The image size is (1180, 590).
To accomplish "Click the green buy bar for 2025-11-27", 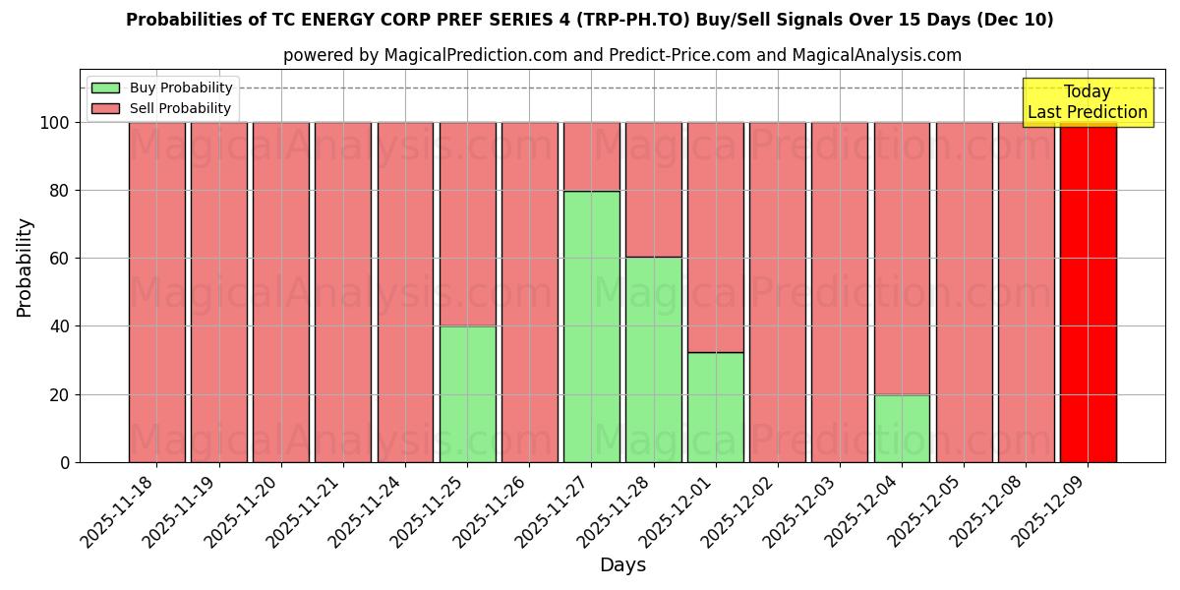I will [591, 326].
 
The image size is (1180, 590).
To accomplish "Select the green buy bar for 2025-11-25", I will [467, 393].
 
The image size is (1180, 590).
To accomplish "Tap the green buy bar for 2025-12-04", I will [902, 428].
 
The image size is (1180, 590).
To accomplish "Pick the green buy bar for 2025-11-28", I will [653, 359].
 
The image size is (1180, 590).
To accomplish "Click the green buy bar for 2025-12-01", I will [715, 406].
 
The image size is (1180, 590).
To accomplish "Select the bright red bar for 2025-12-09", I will [1088, 292].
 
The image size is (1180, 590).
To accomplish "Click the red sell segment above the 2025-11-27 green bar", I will [591, 156].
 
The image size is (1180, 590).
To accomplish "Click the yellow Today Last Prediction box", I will [1087, 102].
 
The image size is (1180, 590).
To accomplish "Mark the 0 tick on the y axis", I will [64, 462].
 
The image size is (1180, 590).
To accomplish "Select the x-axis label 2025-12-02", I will [741, 509].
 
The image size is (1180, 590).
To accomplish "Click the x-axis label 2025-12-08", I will [990, 509].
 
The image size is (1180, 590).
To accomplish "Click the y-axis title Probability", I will [25, 267].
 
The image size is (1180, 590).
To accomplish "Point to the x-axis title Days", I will [622, 565].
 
